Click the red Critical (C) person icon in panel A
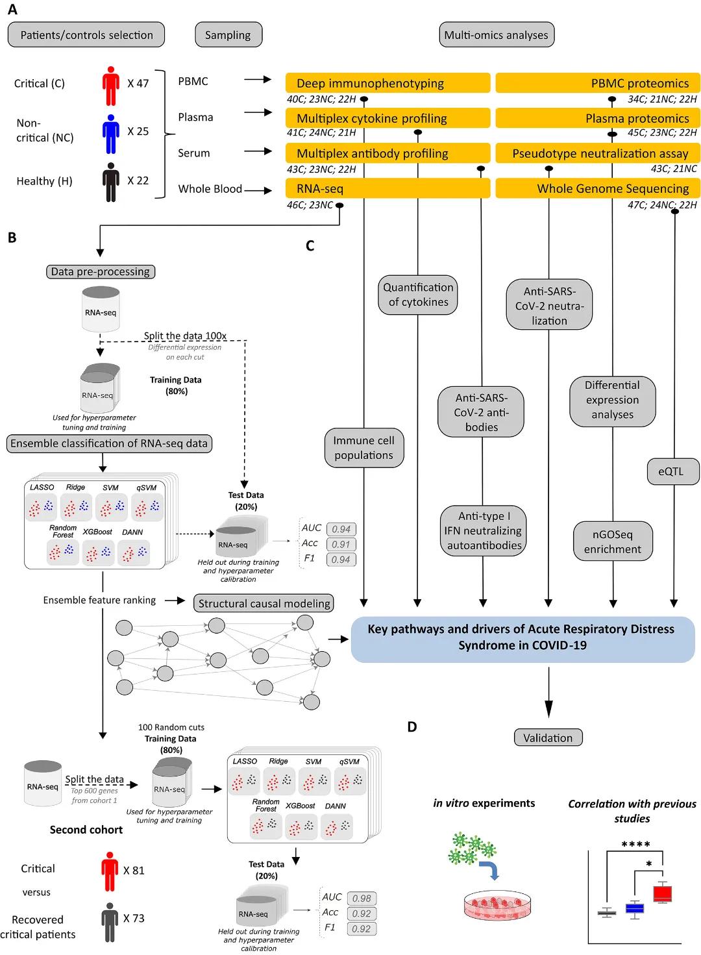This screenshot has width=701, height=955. point(111,86)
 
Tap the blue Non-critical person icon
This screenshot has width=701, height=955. point(111,134)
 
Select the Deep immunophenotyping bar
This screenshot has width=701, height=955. point(387,82)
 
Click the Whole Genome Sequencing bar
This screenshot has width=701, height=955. point(598,188)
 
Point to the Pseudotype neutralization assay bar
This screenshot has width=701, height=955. point(598,153)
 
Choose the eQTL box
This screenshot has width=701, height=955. point(673,471)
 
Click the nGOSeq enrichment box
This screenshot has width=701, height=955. point(612,541)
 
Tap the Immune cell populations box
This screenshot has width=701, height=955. point(363,448)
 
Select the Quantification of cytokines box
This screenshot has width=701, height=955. point(417,295)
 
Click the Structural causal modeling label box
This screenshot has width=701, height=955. point(264,603)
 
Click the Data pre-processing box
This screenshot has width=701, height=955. point(101,271)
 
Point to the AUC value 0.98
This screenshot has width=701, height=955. point(362,898)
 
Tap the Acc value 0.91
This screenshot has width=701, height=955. point(341,544)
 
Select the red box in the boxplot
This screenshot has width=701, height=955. point(662,893)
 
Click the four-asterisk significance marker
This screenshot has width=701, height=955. point(635,844)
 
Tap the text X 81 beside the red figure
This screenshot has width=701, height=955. point(134,870)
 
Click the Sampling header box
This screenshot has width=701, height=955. point(228,34)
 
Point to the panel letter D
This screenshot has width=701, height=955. point(412,727)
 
